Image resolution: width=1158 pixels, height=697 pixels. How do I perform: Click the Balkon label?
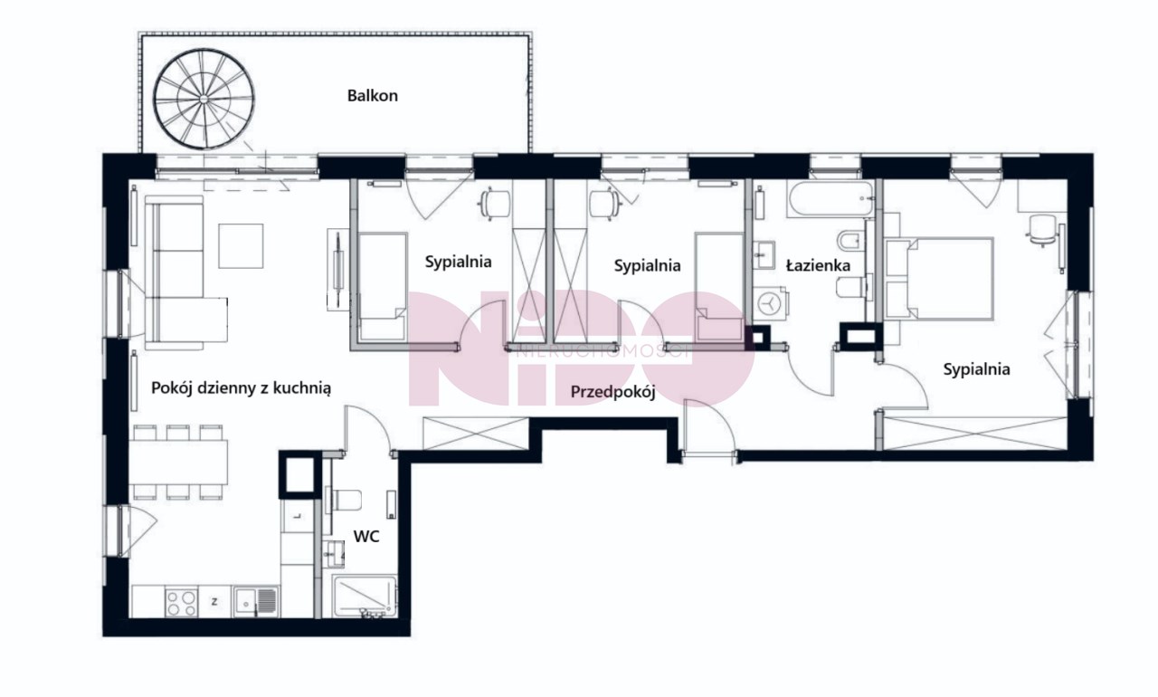point(372,96)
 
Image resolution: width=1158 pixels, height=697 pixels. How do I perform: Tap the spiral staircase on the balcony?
point(204,99)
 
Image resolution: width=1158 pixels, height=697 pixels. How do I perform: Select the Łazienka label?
point(818,266)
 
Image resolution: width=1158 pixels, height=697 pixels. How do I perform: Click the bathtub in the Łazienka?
point(830,198)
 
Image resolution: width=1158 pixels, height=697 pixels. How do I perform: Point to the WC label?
point(366,536)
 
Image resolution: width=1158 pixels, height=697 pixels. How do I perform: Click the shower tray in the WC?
point(365,596)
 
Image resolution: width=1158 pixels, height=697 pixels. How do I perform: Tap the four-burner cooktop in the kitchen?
point(182,602)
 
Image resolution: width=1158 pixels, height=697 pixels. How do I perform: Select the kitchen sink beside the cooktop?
point(256,601)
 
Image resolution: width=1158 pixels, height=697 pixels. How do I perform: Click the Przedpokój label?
point(612,392)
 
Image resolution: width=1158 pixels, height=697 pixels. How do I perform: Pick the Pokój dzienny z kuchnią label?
point(241,387)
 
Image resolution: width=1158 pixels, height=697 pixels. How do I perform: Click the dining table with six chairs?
point(178,462)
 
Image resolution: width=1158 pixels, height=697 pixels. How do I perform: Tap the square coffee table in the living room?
point(241,246)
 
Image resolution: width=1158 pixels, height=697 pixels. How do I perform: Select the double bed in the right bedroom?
point(939,279)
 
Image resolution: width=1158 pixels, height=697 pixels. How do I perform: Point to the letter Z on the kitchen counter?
point(214,601)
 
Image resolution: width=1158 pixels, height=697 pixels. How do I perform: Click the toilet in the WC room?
point(343,500)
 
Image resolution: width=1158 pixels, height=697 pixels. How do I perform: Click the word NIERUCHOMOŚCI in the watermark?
point(603,353)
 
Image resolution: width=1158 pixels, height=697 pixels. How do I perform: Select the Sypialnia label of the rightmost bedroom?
point(976,369)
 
